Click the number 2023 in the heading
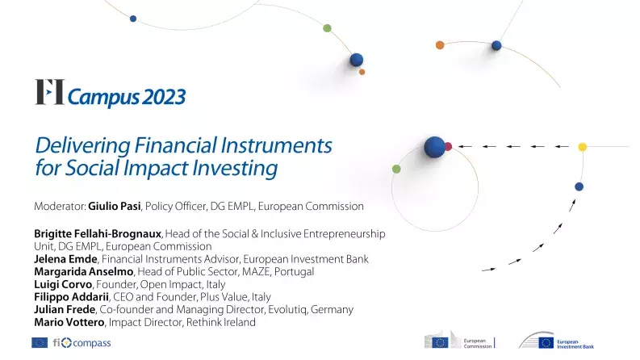tap(164, 97)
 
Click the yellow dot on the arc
tap(582, 147)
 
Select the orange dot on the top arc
tap(440, 45)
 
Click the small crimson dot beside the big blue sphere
tap(448, 147)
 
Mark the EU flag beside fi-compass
tap(40, 343)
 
